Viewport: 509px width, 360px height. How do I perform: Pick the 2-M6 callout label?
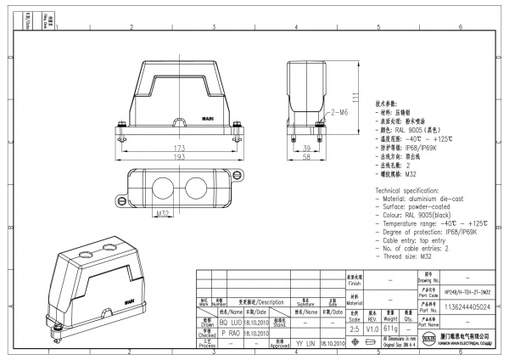tap(339, 111)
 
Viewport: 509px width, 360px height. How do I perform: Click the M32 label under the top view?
tap(163, 212)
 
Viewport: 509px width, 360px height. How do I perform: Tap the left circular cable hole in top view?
tap(163, 186)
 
